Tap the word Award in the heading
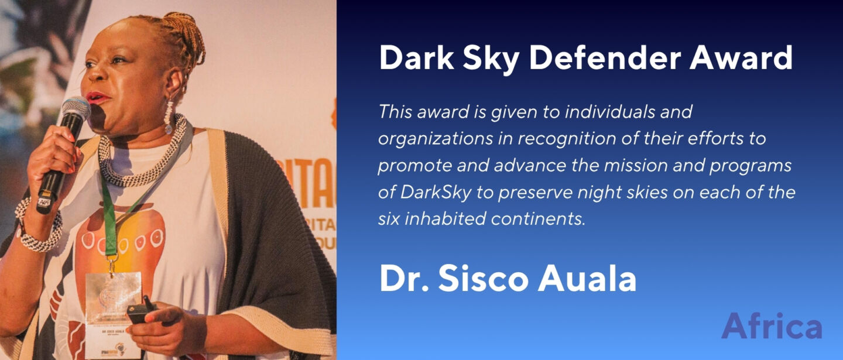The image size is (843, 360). click(x=741, y=58)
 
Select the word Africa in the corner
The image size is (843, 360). click(x=772, y=326)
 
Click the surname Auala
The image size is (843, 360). click(x=587, y=279)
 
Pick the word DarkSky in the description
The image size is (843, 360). click(x=436, y=192)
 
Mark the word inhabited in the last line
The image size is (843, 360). click(x=445, y=219)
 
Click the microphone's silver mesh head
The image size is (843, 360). click(x=76, y=108)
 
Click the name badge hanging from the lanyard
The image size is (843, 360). click(x=114, y=314)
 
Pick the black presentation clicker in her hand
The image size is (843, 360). click(x=141, y=312)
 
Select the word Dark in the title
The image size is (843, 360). click(x=417, y=58)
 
